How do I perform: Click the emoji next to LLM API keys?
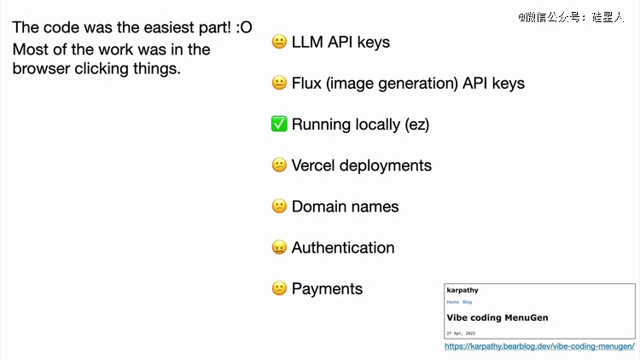coord(279,42)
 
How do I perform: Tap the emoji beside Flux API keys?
coord(279,83)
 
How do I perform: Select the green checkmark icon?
coord(279,124)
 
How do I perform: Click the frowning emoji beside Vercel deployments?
coord(279,165)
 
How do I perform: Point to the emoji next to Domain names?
coord(279,206)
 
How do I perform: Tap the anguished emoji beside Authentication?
coord(279,247)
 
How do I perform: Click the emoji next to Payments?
coord(279,288)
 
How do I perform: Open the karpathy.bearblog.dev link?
coord(539,346)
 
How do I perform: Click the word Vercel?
coord(312,165)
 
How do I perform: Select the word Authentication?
coord(343,247)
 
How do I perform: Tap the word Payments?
coord(327,289)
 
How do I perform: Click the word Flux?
coord(306,83)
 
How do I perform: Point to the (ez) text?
coord(416,125)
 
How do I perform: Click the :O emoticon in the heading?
coord(244,27)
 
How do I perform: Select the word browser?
coord(41,68)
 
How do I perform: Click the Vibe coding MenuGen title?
coord(497,317)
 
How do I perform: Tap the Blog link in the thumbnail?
coord(467,302)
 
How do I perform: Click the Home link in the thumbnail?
coord(452,302)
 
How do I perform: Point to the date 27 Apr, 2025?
coord(461,333)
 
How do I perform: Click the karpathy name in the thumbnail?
coord(463,290)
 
